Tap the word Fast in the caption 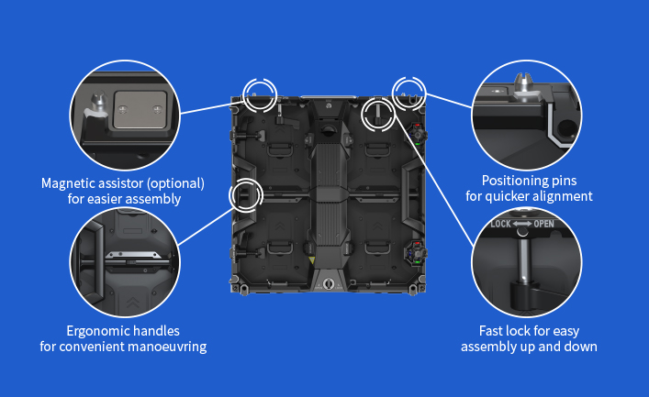point(489,331)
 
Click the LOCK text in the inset point(501,224)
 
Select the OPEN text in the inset point(543,224)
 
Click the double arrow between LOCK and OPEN point(522,224)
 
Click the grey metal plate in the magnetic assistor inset point(140,110)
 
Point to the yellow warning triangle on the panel point(312,260)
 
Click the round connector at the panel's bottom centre point(329,283)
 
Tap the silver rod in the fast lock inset point(523,259)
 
